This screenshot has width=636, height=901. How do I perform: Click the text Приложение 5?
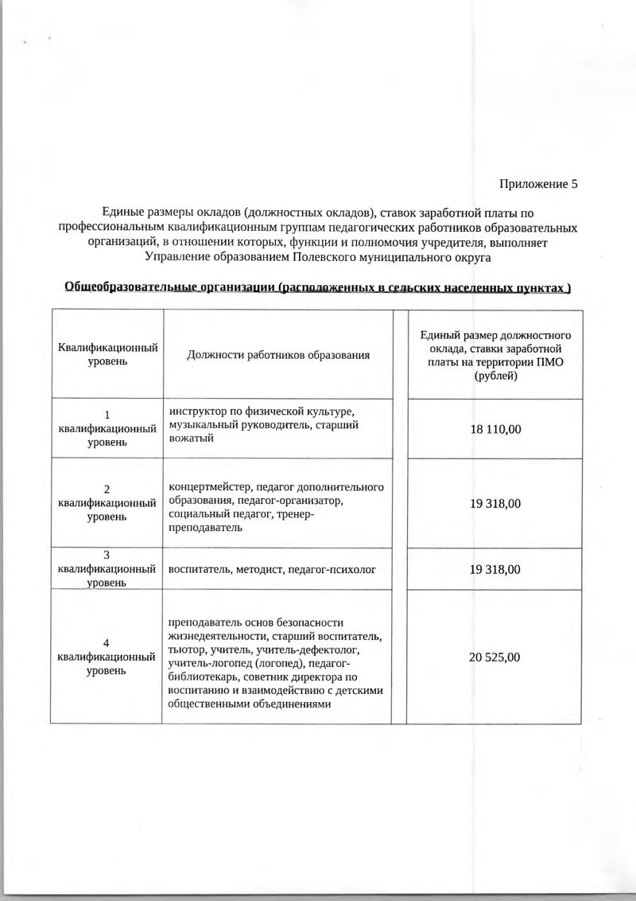(x=538, y=184)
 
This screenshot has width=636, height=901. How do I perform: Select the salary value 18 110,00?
(x=495, y=429)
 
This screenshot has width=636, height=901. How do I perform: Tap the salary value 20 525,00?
(x=495, y=657)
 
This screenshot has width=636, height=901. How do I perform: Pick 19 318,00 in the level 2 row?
(x=495, y=504)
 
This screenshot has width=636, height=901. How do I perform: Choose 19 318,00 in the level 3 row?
(x=495, y=570)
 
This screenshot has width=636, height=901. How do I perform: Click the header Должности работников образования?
(x=278, y=355)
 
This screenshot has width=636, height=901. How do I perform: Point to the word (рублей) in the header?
(x=495, y=376)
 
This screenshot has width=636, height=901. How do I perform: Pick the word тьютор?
(x=184, y=650)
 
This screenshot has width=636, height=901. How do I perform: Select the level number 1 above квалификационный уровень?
(x=107, y=413)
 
